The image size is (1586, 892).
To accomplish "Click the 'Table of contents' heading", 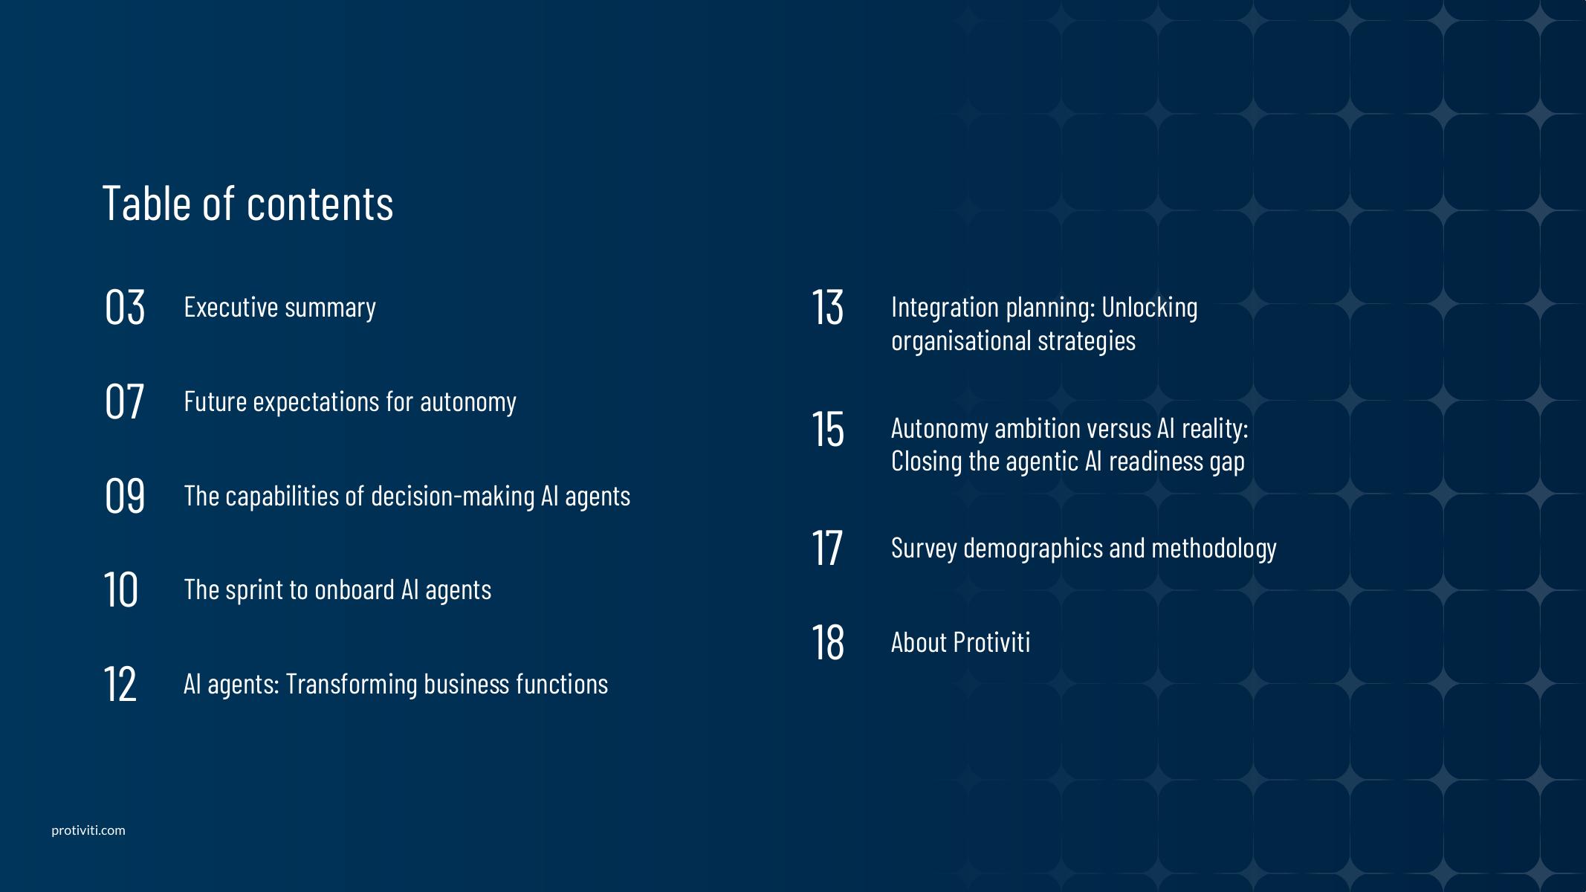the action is [247, 202].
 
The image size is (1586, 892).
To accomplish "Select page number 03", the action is [125, 306].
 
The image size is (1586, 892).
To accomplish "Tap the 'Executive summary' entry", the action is [279, 307].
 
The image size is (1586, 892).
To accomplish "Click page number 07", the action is [124, 401].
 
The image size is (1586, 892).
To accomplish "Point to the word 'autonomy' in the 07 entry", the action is [468, 402].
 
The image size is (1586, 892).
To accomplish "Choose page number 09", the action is [125, 495].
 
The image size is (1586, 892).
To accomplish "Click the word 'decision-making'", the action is [453, 496].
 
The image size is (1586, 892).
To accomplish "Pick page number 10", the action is [120, 589].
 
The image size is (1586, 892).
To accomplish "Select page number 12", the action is [120, 684].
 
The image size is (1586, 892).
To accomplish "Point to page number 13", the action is [827, 306].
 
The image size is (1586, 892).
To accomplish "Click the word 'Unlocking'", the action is [1149, 307].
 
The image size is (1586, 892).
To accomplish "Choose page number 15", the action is [827, 428].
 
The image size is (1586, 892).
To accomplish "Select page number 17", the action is [826, 548].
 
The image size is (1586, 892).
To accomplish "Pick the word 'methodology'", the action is [1214, 548].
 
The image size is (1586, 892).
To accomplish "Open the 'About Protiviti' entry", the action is [960, 641].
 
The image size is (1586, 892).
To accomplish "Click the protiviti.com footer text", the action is [88, 830].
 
